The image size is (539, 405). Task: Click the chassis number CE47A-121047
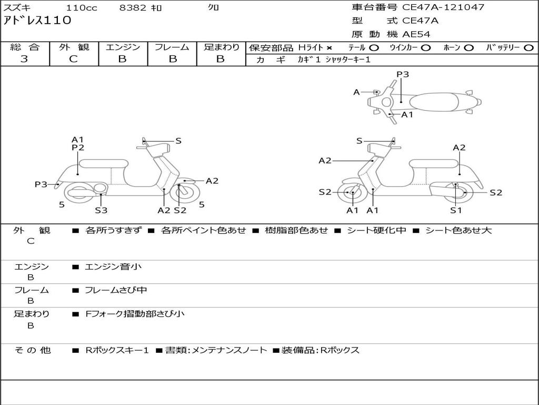(x=443, y=7)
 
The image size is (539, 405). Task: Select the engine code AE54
(x=416, y=34)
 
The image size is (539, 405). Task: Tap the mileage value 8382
(x=133, y=8)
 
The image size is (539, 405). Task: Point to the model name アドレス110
(x=37, y=21)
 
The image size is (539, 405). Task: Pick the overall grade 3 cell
(x=24, y=59)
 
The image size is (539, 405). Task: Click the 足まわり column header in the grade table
(x=221, y=47)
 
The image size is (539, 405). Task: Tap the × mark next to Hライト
(x=330, y=48)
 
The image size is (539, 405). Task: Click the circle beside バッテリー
(x=528, y=48)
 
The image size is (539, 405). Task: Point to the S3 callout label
(x=101, y=210)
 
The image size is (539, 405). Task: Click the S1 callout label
(x=455, y=210)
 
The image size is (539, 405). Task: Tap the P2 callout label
(x=78, y=148)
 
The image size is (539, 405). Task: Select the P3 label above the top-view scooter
(x=403, y=74)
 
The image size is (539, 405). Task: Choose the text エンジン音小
(x=113, y=267)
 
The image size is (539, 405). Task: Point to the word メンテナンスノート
(x=229, y=350)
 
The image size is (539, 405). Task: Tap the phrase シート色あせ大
(x=458, y=230)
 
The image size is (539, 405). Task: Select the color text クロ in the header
(x=214, y=8)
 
